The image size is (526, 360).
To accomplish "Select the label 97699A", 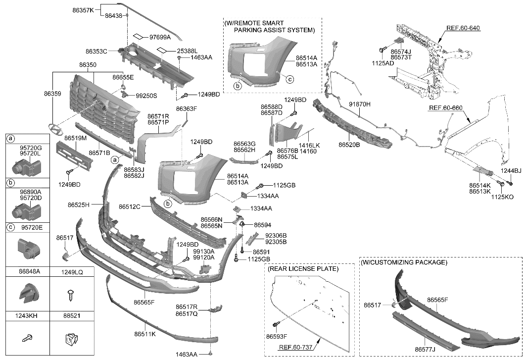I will [160, 37].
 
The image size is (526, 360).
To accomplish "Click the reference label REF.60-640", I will [464, 28].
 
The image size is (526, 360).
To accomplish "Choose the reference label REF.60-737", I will [296, 348].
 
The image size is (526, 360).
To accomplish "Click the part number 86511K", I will [144, 334].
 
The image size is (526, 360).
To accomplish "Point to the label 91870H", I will [360, 105].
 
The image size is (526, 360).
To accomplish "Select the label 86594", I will [263, 225].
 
